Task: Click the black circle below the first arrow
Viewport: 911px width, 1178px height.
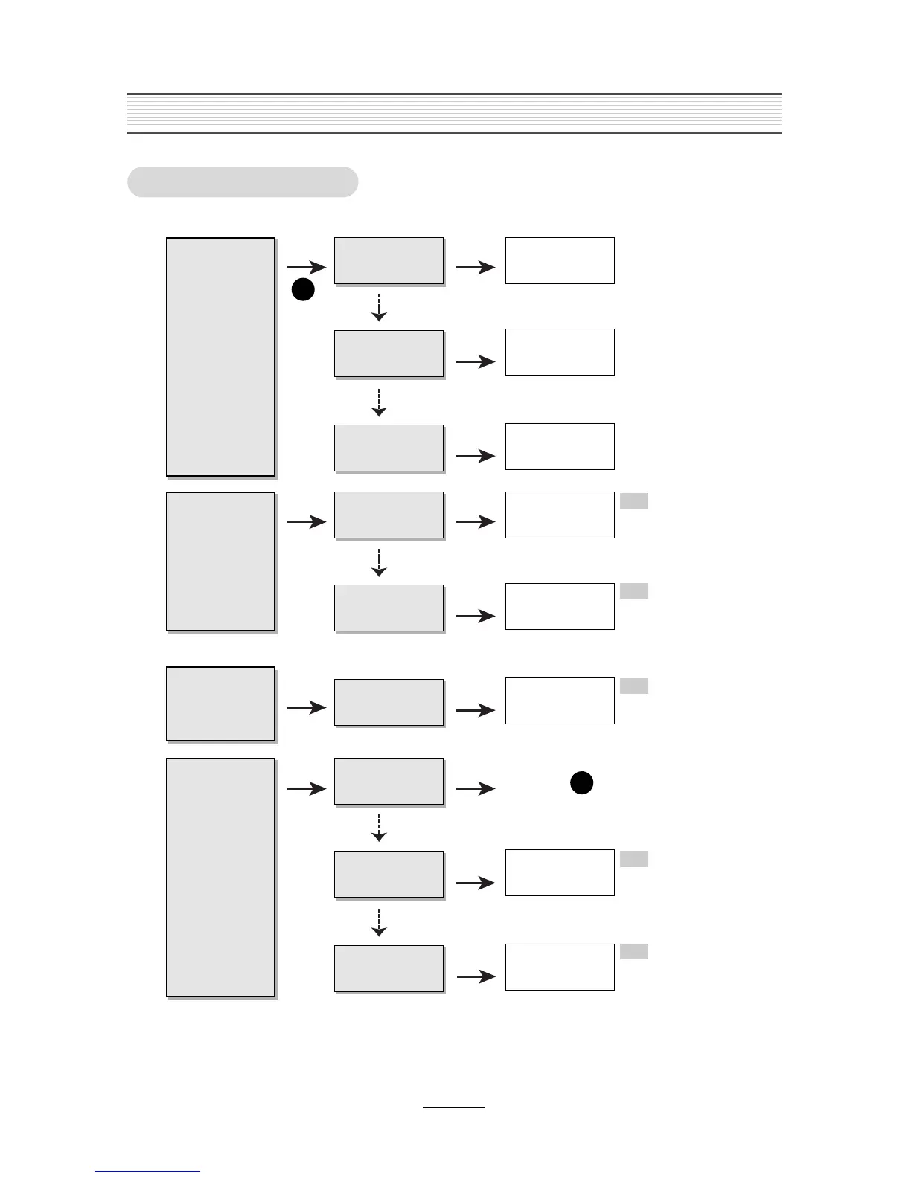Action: coord(303,291)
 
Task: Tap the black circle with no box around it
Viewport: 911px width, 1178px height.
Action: coord(581,783)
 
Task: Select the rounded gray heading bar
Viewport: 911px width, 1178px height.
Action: coord(243,182)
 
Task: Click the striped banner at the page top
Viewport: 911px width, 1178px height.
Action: coord(454,113)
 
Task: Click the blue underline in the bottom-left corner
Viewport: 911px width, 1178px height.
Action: coord(147,1171)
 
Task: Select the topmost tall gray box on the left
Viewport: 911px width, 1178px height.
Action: coord(220,357)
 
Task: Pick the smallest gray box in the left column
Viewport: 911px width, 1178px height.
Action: coord(220,704)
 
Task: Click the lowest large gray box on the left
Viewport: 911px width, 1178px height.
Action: coord(220,878)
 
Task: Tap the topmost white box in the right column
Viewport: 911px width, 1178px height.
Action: coord(560,260)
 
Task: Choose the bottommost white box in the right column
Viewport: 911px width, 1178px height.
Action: coord(560,967)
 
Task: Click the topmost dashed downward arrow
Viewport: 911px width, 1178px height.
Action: coord(379,307)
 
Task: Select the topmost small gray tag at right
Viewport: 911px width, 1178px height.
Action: coord(633,501)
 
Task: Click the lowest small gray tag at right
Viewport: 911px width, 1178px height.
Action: coord(633,952)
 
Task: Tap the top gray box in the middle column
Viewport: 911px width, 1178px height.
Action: coord(389,261)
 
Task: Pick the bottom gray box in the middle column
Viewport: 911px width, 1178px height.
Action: coord(389,968)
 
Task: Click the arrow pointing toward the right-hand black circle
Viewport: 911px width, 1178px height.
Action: coord(476,789)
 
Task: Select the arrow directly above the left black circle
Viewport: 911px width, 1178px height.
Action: coord(307,268)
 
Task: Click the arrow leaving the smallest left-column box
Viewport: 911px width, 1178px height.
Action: coord(307,708)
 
